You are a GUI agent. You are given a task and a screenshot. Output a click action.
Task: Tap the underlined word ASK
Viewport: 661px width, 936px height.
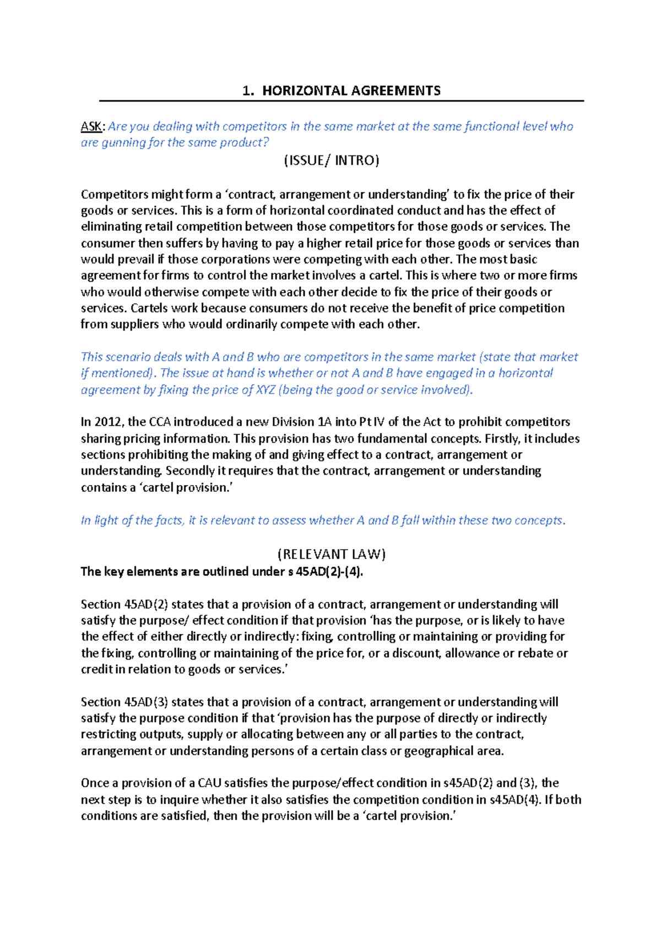[91, 127]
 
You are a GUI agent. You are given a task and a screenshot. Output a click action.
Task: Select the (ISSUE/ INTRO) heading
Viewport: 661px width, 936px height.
[331, 160]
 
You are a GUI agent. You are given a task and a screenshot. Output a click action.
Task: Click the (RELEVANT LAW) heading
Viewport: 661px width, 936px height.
[331, 554]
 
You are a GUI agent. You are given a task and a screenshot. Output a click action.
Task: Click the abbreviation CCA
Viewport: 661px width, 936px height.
[154, 422]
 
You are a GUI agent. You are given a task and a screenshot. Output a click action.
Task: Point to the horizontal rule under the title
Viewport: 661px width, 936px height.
[341, 101]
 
